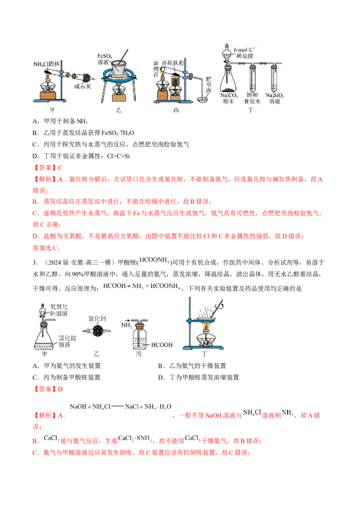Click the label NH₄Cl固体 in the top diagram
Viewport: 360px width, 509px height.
point(50,64)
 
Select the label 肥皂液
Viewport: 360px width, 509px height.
point(208,84)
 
